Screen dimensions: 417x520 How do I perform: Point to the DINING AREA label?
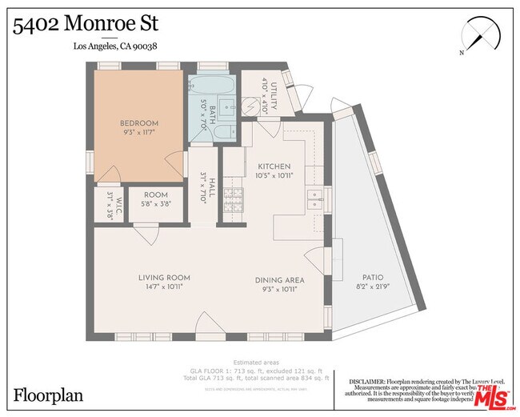click(x=279, y=280)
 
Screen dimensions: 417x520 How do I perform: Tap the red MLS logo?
click(x=495, y=395)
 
